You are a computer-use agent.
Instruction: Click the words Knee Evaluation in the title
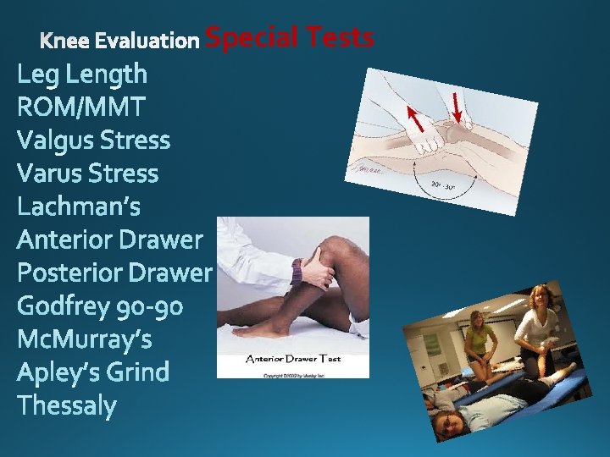pyautogui.click(x=119, y=40)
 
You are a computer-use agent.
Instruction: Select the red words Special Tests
pyautogui.click(x=290, y=37)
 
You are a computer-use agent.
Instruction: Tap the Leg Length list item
pyautogui.click(x=82, y=74)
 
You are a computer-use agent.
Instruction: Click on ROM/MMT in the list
pyautogui.click(x=81, y=107)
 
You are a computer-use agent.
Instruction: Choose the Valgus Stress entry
pyautogui.click(x=93, y=140)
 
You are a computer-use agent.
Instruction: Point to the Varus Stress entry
pyautogui.click(x=88, y=173)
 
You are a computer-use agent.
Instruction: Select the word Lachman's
pyautogui.click(x=79, y=206)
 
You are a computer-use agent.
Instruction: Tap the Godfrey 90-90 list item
pyautogui.click(x=100, y=306)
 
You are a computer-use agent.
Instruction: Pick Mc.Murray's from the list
pyautogui.click(x=85, y=339)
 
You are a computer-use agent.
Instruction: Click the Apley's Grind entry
pyautogui.click(x=93, y=372)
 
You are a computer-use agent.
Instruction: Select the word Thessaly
pyautogui.click(x=67, y=405)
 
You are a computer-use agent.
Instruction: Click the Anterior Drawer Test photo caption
pyautogui.click(x=292, y=359)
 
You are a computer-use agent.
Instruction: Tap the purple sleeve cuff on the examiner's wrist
pyautogui.click(x=297, y=273)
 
